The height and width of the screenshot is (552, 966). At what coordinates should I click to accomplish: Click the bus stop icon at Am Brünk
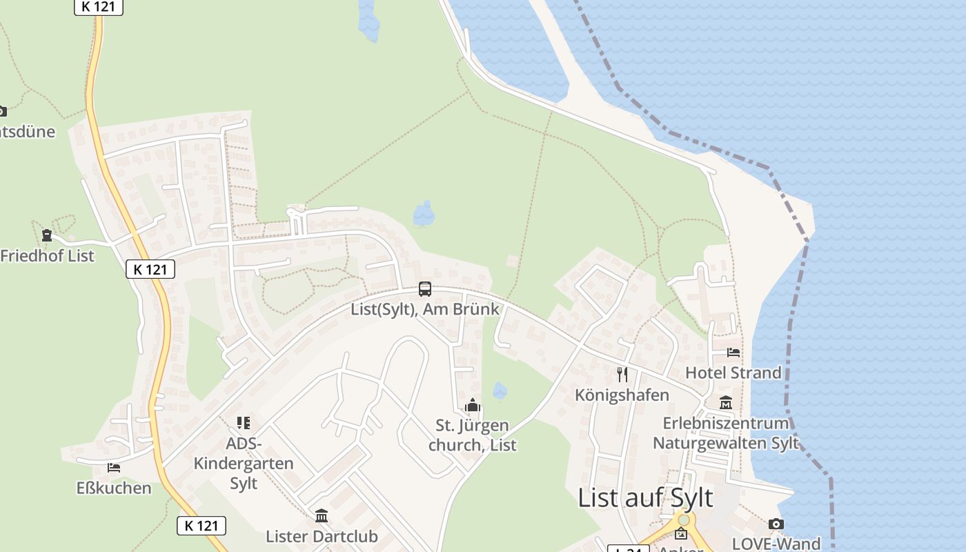[425, 289]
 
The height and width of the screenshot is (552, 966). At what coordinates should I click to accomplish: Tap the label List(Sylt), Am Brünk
[424, 309]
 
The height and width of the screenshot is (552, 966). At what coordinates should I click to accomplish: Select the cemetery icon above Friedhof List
[47, 236]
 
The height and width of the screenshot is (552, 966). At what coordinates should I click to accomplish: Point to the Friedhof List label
[47, 256]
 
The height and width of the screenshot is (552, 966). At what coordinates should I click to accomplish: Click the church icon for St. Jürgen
[473, 405]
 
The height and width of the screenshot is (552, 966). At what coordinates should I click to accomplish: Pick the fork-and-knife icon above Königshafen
[622, 375]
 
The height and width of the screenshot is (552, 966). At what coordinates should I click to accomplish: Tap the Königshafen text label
[622, 395]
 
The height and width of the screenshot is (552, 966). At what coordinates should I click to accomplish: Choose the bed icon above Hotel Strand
[733, 353]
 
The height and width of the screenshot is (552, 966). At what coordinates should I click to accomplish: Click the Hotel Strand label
[733, 373]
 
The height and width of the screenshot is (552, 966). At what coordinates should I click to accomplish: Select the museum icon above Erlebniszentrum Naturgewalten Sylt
[726, 403]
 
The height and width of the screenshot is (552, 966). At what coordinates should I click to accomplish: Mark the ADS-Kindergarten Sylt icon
[243, 422]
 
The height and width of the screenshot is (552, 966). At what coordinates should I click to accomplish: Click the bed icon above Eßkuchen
[114, 468]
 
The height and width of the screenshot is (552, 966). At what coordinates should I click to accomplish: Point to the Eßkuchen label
[114, 489]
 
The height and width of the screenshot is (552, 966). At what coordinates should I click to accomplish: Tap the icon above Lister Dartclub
[322, 516]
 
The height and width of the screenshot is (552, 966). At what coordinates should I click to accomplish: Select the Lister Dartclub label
[322, 537]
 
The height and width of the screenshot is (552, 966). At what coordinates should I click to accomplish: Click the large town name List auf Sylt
[645, 497]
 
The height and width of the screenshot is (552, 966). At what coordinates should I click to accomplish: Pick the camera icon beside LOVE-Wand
[776, 524]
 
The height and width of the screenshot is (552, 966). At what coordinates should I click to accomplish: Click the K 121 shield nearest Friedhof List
[150, 269]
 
